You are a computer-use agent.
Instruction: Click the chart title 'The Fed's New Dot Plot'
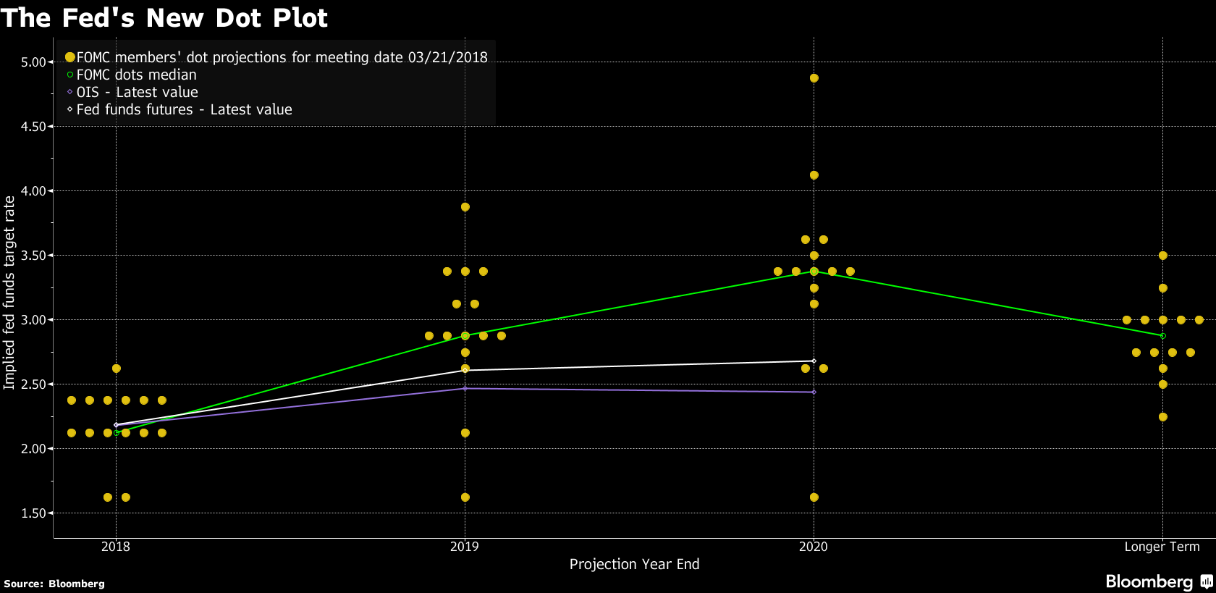[164, 17]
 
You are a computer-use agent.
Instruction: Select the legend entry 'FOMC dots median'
[136, 75]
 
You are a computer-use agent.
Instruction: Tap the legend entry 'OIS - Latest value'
[137, 92]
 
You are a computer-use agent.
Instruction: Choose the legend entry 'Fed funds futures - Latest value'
[184, 109]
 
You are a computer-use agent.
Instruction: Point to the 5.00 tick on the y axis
[33, 62]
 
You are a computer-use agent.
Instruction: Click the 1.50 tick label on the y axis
[33, 513]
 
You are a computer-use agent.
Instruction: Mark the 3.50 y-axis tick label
[33, 256]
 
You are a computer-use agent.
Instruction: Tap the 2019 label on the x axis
[465, 547]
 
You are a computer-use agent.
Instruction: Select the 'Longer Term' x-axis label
[1162, 547]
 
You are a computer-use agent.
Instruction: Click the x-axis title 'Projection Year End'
[634, 564]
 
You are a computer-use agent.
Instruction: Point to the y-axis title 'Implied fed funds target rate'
[9, 293]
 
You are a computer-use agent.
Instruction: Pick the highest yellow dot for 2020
[814, 78]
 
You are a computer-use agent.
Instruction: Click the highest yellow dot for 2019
[465, 207]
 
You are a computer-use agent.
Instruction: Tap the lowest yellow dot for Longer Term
[1162, 417]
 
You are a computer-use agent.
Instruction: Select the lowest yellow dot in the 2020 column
[814, 497]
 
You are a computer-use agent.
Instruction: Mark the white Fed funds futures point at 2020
[814, 361]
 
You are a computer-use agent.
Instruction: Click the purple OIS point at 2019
[465, 389]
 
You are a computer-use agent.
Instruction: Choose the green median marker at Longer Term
[1162, 336]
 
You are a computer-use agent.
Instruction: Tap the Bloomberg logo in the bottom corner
[1158, 581]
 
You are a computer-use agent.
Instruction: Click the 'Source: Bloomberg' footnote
[54, 584]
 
